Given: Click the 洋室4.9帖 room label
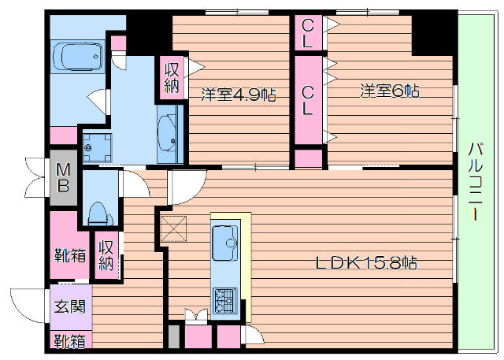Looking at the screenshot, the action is [238, 95].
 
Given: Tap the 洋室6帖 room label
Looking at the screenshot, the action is [389, 91].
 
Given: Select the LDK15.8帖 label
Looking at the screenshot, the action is [367, 263].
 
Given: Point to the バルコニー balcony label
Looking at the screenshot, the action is [476, 182].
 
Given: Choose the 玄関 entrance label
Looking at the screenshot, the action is [70, 306].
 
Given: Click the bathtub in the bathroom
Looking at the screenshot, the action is [78, 57].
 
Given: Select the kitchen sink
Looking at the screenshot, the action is [225, 243].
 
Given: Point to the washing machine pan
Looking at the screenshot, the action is [97, 147].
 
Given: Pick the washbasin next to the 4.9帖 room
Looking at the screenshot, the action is [167, 133].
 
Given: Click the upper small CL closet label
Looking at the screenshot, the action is [308, 32].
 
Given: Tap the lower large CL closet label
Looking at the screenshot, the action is [308, 101].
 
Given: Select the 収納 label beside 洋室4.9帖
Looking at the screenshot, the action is [172, 77].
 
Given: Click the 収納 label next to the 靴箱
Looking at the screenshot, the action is [106, 255].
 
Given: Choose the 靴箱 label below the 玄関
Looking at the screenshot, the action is [70, 341].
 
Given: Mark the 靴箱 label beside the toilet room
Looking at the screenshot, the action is [70, 255].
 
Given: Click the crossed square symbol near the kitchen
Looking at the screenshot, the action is [173, 228].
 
